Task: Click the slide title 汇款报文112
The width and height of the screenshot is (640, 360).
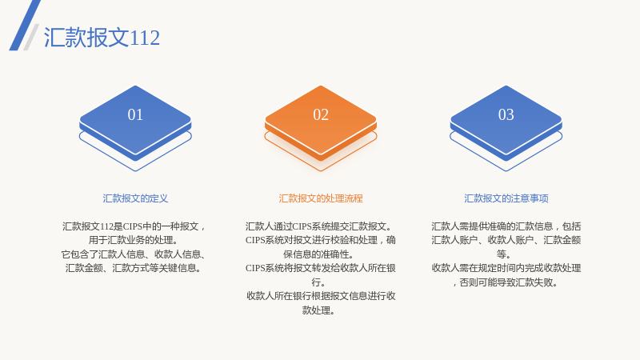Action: (102, 38)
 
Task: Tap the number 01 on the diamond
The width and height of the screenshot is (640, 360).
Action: (135, 114)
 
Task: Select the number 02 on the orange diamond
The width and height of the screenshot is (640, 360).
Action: (321, 114)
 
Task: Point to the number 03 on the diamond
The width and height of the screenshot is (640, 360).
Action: (506, 114)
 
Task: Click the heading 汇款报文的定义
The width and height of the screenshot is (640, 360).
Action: (135, 198)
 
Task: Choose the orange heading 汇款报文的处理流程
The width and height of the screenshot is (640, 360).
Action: (321, 198)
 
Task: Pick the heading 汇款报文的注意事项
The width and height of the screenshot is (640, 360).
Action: (506, 198)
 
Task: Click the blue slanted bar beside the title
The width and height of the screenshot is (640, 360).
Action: (25, 26)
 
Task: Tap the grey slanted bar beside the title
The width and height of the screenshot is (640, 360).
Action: (31, 37)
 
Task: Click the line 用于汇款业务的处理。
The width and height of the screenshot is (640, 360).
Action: (133, 240)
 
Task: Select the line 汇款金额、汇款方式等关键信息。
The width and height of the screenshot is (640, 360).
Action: (133, 268)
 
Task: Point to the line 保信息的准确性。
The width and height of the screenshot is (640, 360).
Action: (318, 254)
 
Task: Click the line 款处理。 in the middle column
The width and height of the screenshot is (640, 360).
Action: (318, 310)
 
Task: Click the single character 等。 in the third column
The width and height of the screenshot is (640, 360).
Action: (504, 254)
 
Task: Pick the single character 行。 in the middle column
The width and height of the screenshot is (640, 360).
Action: (318, 282)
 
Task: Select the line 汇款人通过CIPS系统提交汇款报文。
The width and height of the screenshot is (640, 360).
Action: (318, 226)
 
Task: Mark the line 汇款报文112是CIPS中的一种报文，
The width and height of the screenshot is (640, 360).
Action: (134, 226)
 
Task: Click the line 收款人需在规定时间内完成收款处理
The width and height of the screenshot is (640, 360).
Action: (506, 268)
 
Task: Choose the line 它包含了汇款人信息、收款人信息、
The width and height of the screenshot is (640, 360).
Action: (133, 254)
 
